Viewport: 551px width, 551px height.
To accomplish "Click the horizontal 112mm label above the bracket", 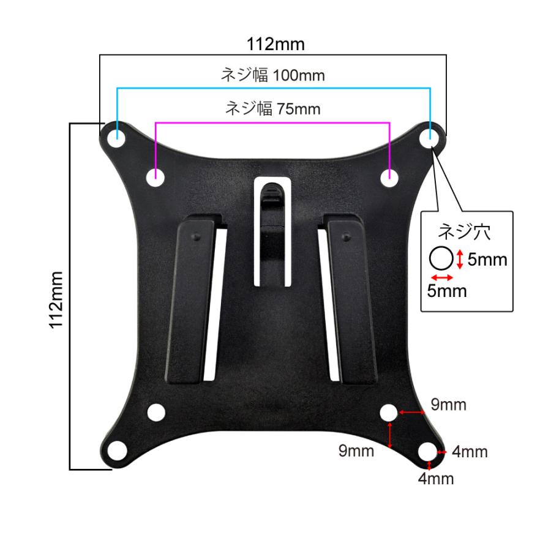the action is point(275,44).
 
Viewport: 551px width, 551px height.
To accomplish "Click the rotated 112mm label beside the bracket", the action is point(56,300).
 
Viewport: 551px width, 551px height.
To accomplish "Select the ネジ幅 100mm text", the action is point(272,75).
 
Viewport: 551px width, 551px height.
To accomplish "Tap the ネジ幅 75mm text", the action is point(272,108).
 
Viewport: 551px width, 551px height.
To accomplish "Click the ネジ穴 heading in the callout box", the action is point(464,232).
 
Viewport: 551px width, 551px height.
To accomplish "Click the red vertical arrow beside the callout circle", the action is point(460,260).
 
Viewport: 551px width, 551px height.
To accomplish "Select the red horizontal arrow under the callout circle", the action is point(442,277).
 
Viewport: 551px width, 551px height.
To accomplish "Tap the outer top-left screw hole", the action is point(116,138).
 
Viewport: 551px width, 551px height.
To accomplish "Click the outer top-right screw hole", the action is point(429,138).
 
